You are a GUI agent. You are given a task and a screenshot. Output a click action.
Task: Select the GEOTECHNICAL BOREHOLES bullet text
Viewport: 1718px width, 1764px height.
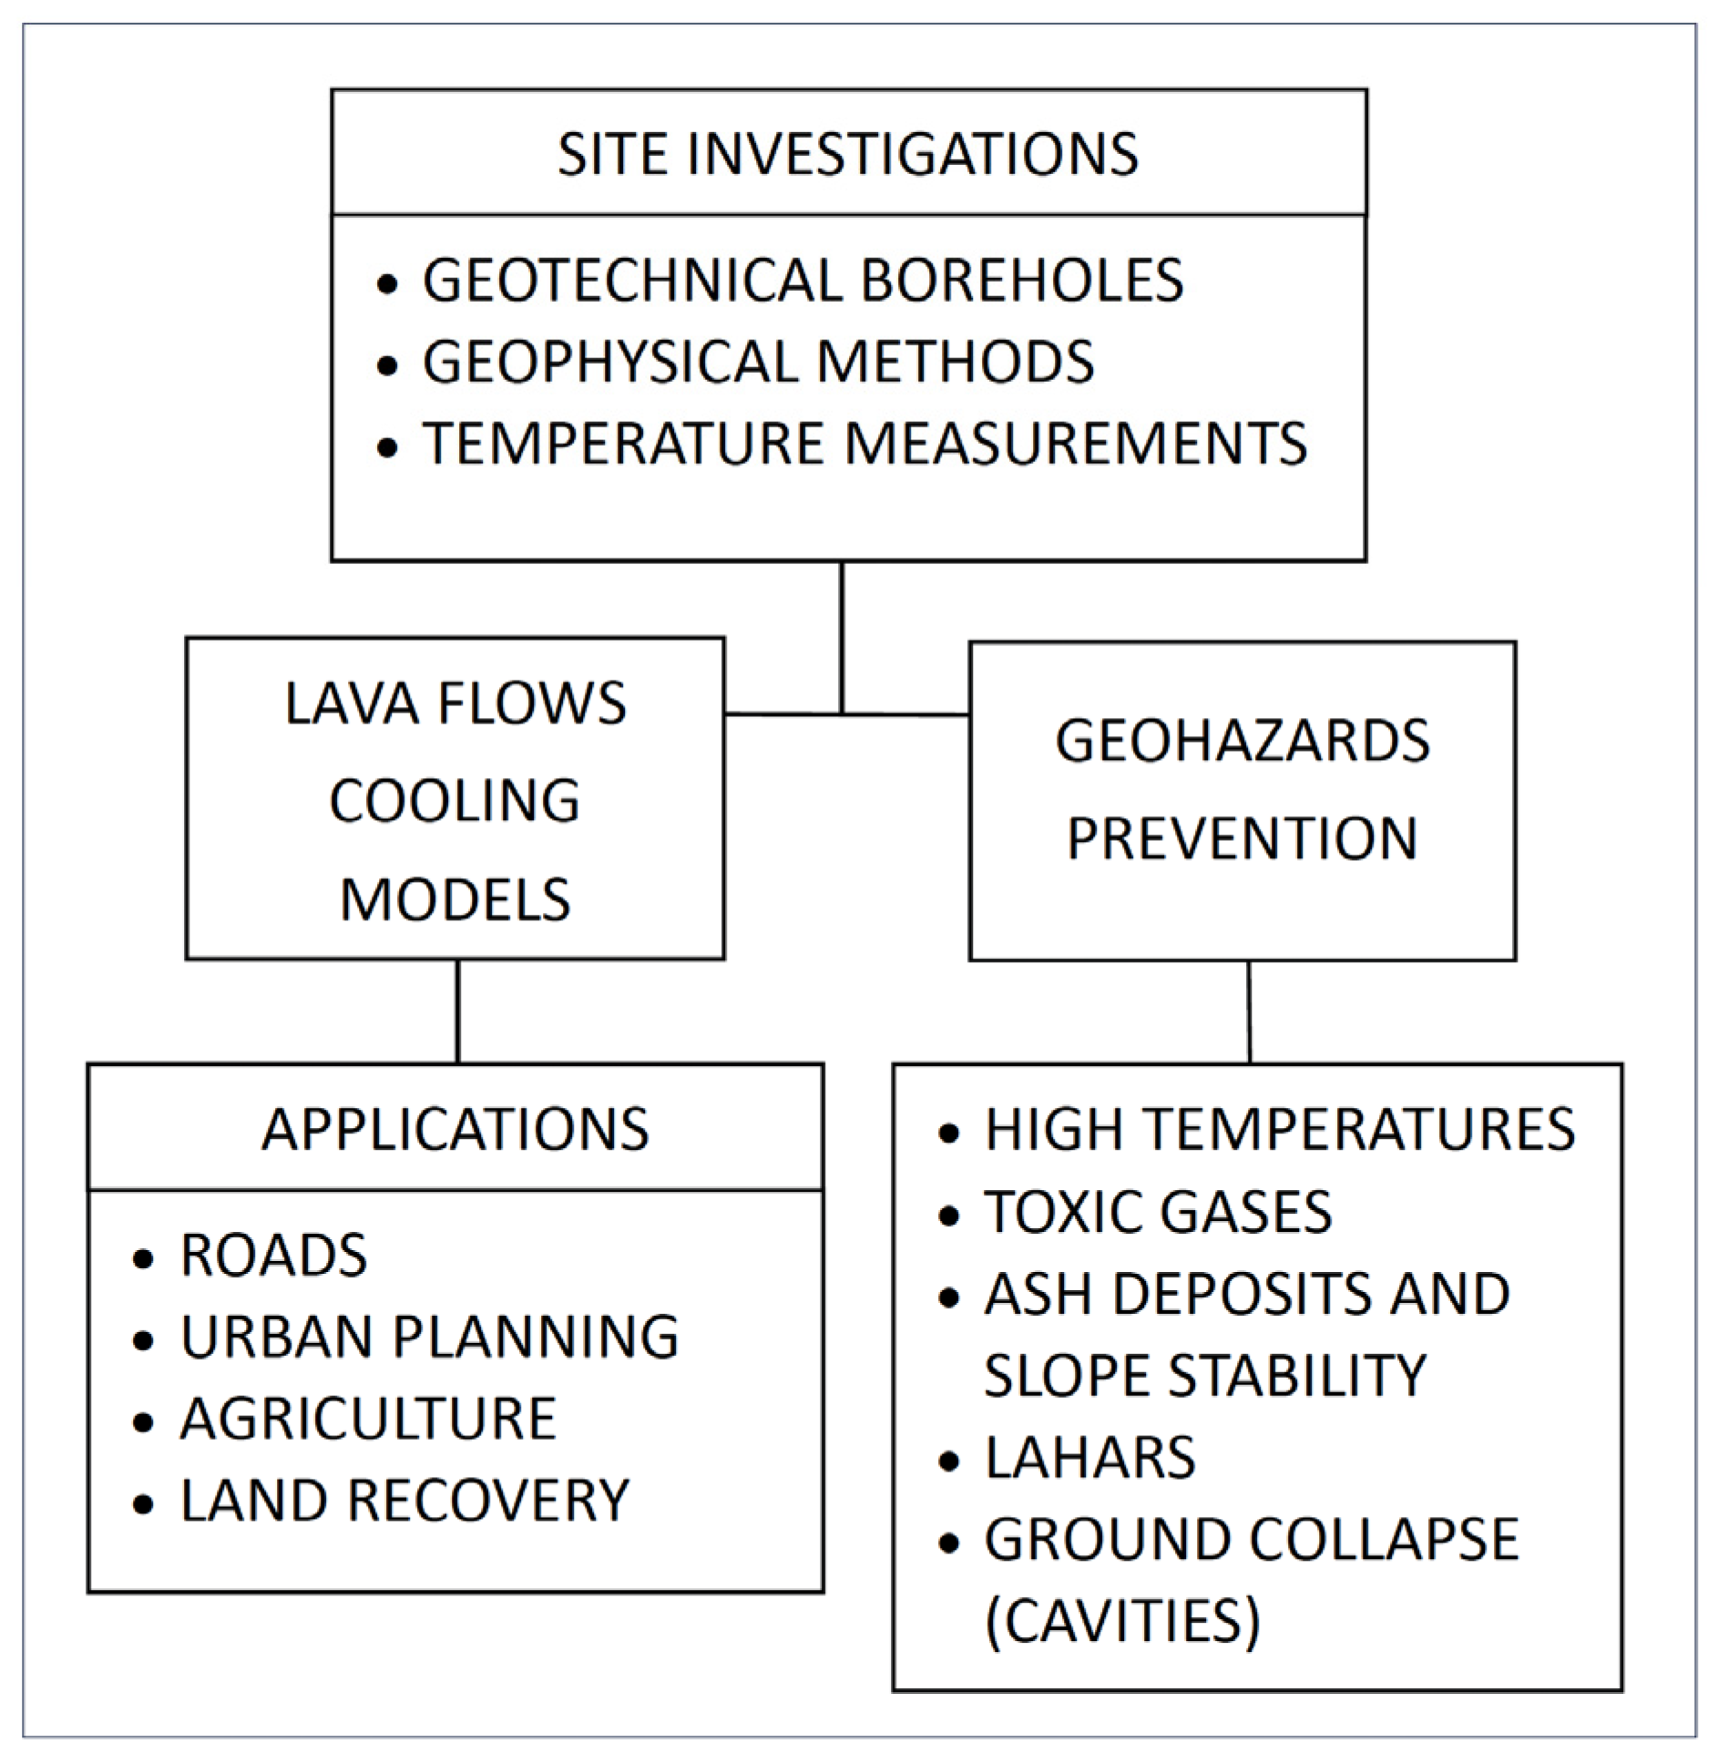(x=803, y=280)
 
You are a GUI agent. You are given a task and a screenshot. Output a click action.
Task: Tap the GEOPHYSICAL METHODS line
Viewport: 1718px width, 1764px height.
(x=758, y=362)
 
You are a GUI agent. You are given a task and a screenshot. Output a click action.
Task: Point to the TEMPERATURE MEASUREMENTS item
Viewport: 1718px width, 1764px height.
(x=864, y=444)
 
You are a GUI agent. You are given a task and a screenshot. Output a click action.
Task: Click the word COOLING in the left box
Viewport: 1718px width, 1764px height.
(x=455, y=801)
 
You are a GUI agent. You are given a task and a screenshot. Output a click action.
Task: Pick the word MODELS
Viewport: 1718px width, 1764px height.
(x=455, y=899)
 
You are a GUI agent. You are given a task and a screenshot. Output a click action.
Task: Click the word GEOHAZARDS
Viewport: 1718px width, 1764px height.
(x=1242, y=740)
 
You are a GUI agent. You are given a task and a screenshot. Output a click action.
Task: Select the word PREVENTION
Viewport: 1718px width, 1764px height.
(x=1242, y=838)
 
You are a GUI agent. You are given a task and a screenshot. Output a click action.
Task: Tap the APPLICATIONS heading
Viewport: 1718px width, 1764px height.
(x=455, y=1130)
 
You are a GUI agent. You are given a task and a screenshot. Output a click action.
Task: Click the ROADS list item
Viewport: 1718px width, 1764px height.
(x=274, y=1256)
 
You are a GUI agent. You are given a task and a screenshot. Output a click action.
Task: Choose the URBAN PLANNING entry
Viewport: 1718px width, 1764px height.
(x=429, y=1338)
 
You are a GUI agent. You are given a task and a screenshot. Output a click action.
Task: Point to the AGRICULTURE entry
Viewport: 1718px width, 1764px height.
(x=368, y=1420)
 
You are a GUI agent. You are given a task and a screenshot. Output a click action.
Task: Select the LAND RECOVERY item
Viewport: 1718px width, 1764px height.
(x=404, y=1501)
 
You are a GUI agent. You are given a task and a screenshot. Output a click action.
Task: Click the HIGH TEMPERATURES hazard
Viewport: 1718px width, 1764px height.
(x=1279, y=1130)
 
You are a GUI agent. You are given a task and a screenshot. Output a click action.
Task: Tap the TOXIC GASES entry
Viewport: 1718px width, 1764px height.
(x=1158, y=1212)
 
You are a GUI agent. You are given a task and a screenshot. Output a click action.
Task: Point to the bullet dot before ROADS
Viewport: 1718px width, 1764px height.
(x=143, y=1258)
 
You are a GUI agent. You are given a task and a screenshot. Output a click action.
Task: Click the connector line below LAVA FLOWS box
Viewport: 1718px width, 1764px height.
(x=457, y=1011)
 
